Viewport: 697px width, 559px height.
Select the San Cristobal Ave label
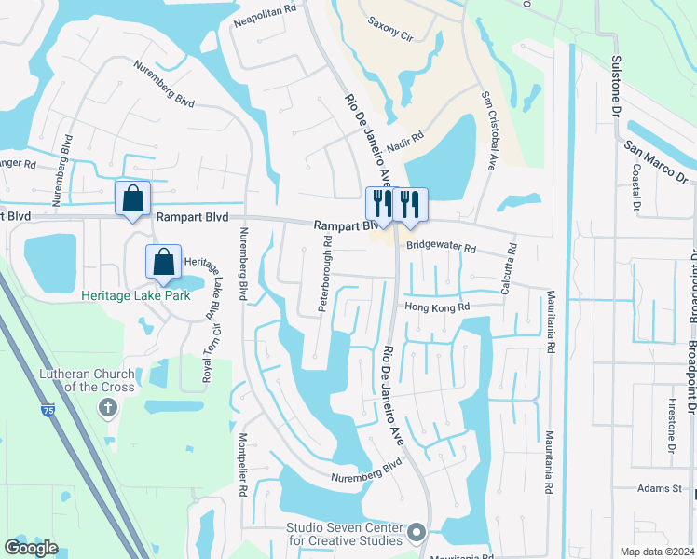pyautogui.click(x=487, y=130)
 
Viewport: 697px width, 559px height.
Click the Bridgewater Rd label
pyautogui.click(x=441, y=249)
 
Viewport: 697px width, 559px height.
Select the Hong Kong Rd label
pyautogui.click(x=437, y=307)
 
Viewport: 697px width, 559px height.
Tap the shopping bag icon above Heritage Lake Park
pyautogui.click(x=164, y=262)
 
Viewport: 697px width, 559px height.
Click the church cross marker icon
pyautogui.click(x=108, y=407)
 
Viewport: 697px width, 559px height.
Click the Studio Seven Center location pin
pyautogui.click(x=416, y=534)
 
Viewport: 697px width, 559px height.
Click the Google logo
pyautogui.click(x=31, y=548)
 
